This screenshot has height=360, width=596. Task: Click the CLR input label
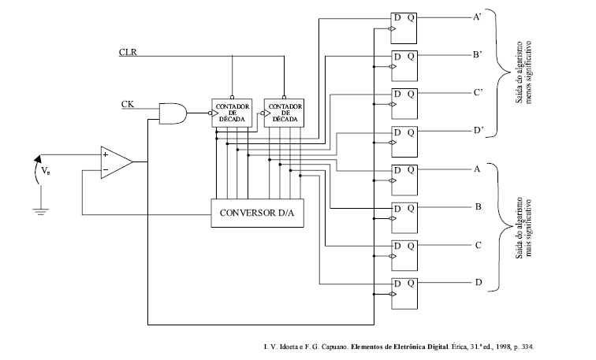pos(128,52)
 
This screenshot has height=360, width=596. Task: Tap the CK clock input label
pos(128,104)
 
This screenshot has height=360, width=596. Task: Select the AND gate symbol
pos(173,113)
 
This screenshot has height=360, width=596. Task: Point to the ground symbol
pos(41,211)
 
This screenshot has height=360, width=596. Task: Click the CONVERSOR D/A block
pos(257,213)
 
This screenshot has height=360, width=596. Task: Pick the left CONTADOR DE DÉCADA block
pos(232,113)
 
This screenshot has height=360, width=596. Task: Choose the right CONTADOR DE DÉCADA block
pos(285,113)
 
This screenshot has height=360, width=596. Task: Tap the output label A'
pos(478,17)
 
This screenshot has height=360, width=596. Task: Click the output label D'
pos(479,131)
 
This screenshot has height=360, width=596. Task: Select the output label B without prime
pos(479,207)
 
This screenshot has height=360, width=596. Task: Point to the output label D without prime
pos(479,282)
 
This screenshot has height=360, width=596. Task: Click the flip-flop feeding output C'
pos(404,104)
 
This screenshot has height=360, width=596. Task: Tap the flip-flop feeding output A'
pos(404,28)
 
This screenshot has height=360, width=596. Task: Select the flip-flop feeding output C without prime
pos(404,255)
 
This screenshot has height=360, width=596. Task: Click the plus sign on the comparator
pos(106,154)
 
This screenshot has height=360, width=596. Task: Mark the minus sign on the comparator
pos(106,169)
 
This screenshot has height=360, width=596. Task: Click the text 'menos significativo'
pos(530,72)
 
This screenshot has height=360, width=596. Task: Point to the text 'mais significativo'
pos(530,228)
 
